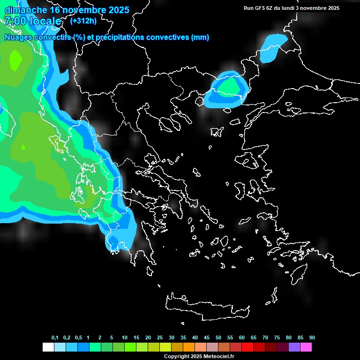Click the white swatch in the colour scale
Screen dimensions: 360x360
click(48, 347)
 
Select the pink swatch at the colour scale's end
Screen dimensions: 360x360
click(306, 347)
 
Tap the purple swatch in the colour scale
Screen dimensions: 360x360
click(294, 347)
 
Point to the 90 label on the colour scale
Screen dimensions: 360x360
click(312, 338)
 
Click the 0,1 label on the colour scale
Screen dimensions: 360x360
click(55, 338)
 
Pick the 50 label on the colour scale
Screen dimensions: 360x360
click(218, 338)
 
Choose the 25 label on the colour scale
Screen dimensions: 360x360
click(160, 338)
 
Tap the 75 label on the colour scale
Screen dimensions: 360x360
click(277, 338)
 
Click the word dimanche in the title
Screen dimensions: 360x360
click(26, 10)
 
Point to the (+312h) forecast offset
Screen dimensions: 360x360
click(83, 21)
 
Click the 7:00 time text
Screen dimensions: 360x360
click(15, 22)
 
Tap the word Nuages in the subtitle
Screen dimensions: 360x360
click(18, 37)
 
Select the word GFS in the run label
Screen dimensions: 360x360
click(260, 8)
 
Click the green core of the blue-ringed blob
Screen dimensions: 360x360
click(227, 87)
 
